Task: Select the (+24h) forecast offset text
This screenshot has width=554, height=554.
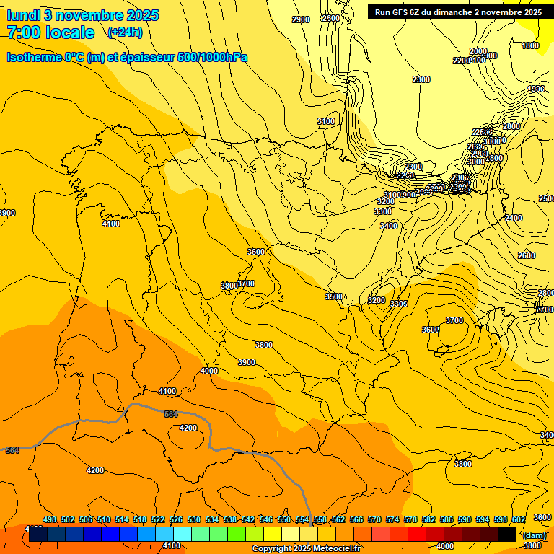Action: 125,32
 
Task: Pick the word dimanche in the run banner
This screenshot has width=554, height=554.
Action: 454,12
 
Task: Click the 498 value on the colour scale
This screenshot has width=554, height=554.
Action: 50,520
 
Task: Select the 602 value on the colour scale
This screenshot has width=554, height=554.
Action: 519,520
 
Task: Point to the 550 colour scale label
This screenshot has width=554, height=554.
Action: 284,520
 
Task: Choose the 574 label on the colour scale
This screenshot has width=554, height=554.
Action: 392,520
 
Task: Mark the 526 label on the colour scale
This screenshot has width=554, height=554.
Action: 176,520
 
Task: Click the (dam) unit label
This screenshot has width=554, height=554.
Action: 534,535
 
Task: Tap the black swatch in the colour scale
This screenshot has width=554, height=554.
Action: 507,535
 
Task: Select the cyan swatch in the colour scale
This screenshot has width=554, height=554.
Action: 183,535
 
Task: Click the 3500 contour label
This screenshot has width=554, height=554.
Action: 333,296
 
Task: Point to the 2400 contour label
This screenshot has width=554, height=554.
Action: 513,218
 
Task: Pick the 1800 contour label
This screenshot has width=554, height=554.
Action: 530,46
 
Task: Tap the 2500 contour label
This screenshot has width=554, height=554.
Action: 547,198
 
